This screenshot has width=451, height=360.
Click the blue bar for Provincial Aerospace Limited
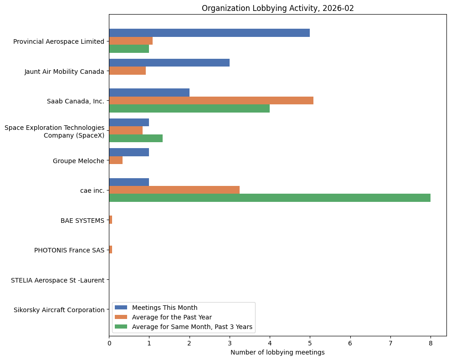pos(210,33)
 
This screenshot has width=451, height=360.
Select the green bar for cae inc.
pos(270,198)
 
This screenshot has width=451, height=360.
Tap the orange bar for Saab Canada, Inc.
pos(211,100)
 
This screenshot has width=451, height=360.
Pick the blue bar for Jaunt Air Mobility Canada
pos(169,63)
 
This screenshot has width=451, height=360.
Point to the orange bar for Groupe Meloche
pos(116,160)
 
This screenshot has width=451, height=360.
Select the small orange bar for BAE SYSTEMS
pos(111,220)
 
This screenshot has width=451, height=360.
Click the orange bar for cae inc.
pos(174,190)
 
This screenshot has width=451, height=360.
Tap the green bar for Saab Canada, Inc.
pos(189,108)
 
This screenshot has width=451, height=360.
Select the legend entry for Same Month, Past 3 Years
pos(192,327)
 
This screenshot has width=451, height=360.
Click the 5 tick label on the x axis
pos(310,343)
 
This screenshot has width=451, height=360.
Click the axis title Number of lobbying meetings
pos(277,352)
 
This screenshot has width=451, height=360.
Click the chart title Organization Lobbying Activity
pos(277,8)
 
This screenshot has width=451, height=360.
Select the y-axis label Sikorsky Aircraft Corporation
pos(59,310)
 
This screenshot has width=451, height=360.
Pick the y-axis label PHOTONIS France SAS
pos(69,250)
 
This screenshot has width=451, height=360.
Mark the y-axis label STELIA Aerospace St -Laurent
pos(57,280)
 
